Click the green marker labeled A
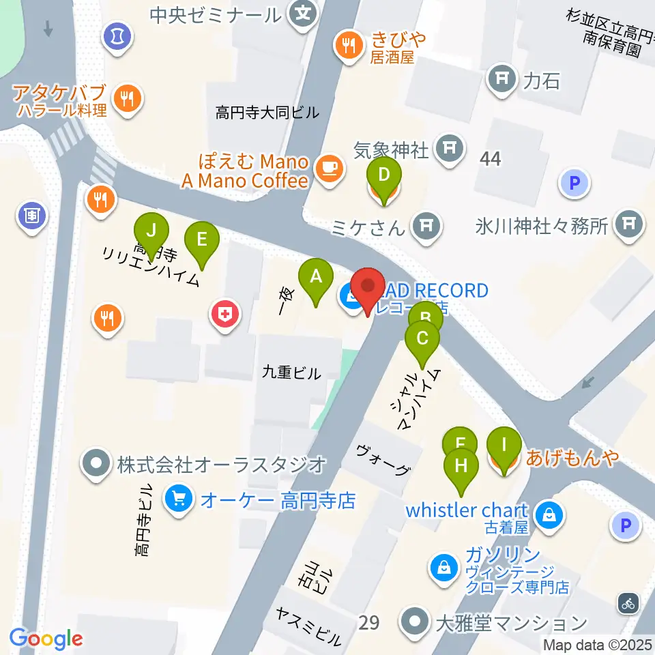click(315, 277)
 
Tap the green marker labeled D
click(383, 176)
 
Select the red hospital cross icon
click(224, 315)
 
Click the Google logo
click(46, 639)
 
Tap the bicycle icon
click(628, 602)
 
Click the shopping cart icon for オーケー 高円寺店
click(179, 501)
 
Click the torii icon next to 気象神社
click(449, 147)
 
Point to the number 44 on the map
click(490, 159)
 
